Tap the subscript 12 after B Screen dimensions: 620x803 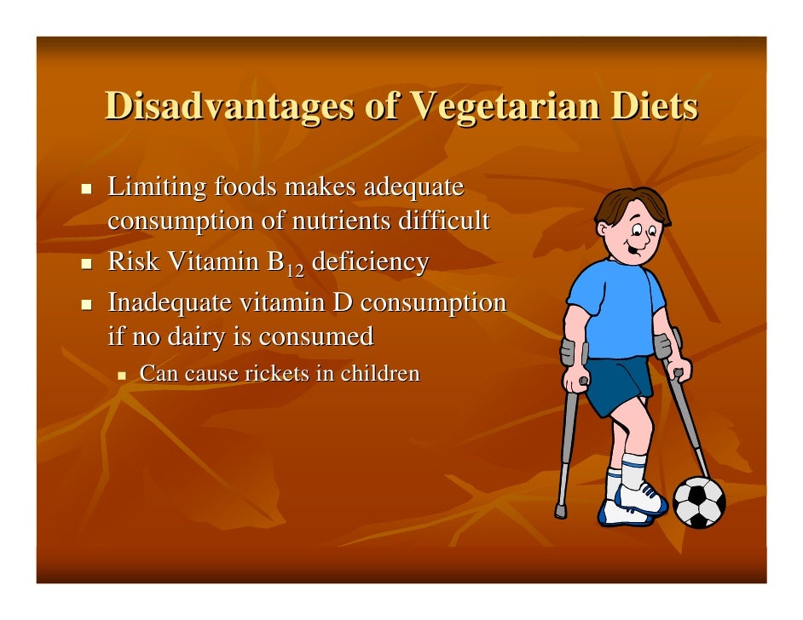pyautogui.click(x=294, y=269)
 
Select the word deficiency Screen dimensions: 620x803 pyautogui.click(x=370, y=262)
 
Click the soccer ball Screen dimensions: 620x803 pyautogui.click(x=699, y=502)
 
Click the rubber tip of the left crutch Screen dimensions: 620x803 pyautogui.click(x=560, y=511)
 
